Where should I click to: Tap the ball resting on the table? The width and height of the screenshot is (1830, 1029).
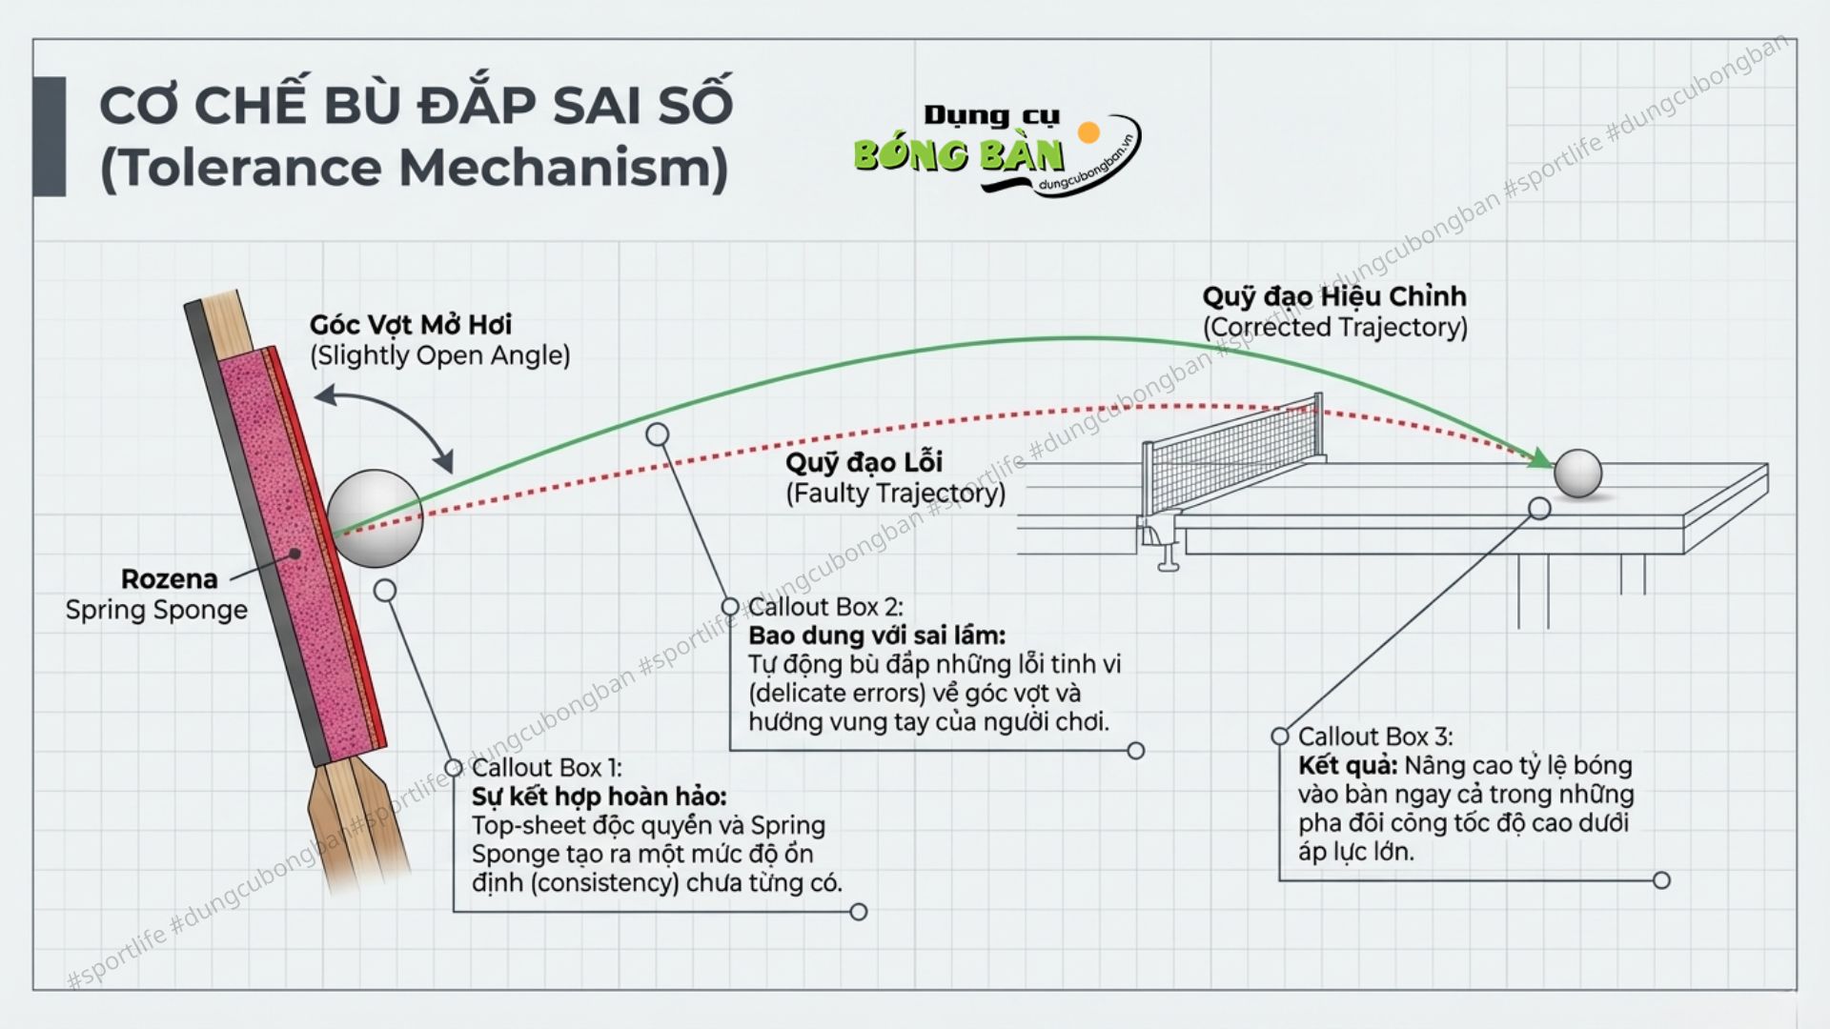click(x=1577, y=474)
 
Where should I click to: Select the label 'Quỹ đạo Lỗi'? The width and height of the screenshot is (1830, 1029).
click(x=864, y=463)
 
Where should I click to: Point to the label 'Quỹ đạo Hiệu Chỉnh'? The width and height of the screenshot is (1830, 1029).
click(x=1333, y=297)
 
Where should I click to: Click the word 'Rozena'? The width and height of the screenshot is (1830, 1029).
click(x=169, y=579)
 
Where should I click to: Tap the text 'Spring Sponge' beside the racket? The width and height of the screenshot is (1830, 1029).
click(x=156, y=610)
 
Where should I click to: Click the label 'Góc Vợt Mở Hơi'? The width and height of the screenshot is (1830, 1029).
click(x=410, y=325)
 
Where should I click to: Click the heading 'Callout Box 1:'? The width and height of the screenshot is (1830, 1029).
click(x=545, y=768)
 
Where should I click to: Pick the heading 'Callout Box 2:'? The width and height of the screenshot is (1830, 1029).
click(x=825, y=607)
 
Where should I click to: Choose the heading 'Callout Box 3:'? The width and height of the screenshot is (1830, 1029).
click(x=1374, y=736)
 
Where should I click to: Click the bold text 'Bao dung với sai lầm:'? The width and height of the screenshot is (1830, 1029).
click(x=876, y=636)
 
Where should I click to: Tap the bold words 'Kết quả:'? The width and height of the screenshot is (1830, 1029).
click(x=1347, y=766)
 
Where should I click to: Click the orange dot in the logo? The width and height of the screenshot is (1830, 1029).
click(x=1088, y=131)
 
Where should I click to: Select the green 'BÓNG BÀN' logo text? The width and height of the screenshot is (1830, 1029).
click(x=958, y=155)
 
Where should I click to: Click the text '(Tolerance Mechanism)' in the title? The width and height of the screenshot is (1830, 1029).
click(x=414, y=168)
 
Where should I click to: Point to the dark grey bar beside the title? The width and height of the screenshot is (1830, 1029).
click(x=50, y=136)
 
